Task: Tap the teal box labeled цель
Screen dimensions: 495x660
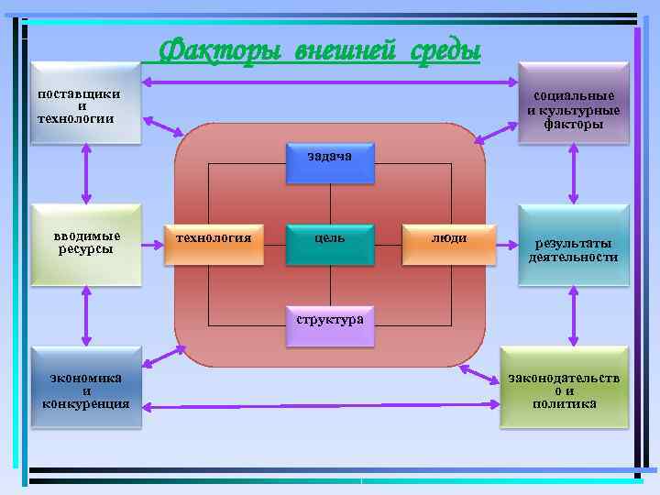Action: pyautogui.click(x=330, y=242)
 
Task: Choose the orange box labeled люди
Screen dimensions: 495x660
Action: pyautogui.click(x=449, y=242)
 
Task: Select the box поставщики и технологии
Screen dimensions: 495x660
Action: pyautogui.click(x=85, y=103)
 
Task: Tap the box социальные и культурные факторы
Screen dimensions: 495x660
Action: pyautogui.click(x=573, y=104)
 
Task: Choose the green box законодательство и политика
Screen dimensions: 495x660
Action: pyautogui.click(x=565, y=388)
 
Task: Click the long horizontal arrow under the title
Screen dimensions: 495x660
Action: pyautogui.click(x=330, y=84)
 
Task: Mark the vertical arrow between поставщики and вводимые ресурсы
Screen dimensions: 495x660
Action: pyautogui.click(x=86, y=173)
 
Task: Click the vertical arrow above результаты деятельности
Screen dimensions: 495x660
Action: pyautogui.click(x=574, y=173)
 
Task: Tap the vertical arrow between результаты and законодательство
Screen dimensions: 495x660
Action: pyautogui.click(x=574, y=316)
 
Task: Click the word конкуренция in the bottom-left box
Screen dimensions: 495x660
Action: pyautogui.click(x=86, y=404)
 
